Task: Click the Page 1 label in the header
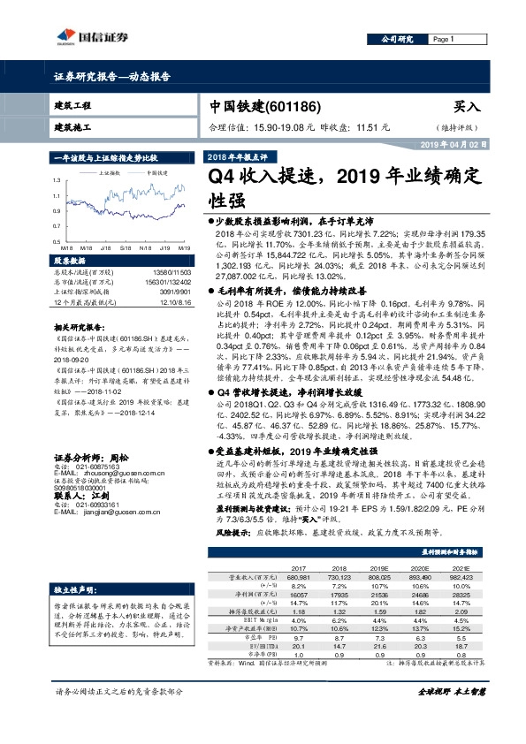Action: [443, 40]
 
